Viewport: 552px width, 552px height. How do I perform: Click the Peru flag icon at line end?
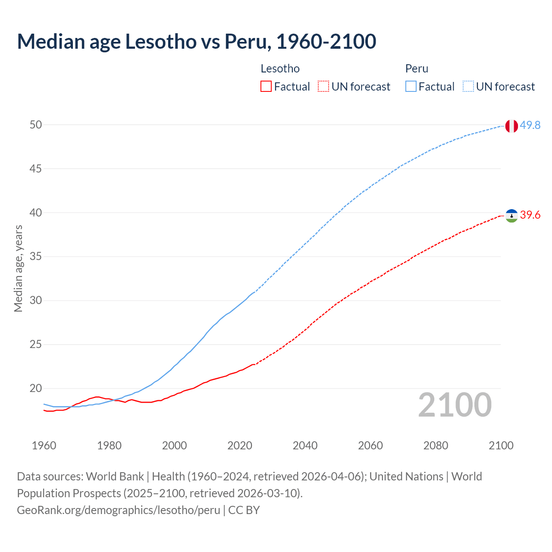pos(511,126)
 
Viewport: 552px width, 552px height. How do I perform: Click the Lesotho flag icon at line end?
pos(511,215)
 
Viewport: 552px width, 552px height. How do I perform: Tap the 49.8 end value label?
pos(530,125)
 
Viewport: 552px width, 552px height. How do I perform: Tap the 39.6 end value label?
pos(530,215)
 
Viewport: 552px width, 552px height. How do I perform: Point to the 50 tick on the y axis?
pos(36,125)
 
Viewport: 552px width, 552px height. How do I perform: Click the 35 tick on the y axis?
pos(36,257)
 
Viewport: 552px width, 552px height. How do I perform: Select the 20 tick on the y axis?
pos(36,389)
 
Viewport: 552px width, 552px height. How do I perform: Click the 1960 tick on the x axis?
pos(44,445)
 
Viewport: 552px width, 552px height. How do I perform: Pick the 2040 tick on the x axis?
pos(305,445)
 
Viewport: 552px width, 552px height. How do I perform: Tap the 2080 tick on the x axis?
pos(436,445)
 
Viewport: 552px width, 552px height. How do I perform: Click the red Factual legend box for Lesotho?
pos(266,86)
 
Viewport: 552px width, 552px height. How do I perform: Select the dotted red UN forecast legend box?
pos(323,86)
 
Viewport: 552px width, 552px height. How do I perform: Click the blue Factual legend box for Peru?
pos(411,86)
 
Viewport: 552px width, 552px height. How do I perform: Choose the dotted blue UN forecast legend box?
pos(468,86)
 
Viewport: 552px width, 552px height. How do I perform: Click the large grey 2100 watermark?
pos(455,405)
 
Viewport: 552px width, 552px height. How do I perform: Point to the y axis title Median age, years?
pos(18,268)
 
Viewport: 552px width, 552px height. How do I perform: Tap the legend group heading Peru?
pos(417,69)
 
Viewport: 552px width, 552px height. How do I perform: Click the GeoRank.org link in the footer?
pos(119,510)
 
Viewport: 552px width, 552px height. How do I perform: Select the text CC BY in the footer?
pos(244,510)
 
